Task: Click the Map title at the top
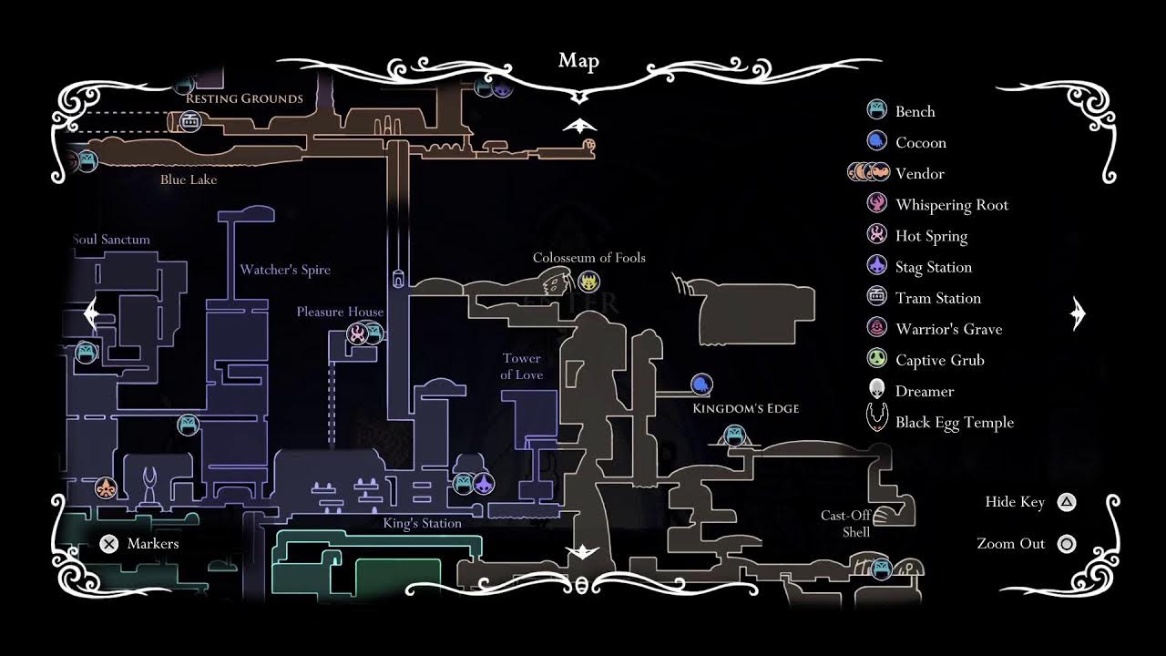click(x=578, y=61)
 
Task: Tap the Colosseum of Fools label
click(x=588, y=258)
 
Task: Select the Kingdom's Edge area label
click(x=745, y=408)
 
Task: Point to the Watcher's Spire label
click(x=285, y=270)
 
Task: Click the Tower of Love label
click(x=522, y=366)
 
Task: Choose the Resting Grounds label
click(x=244, y=98)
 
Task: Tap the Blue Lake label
click(x=189, y=179)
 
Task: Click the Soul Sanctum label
click(x=111, y=240)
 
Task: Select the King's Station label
click(x=422, y=523)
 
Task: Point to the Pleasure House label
click(x=340, y=312)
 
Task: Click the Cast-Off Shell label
click(x=846, y=523)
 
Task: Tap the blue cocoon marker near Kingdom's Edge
click(x=701, y=384)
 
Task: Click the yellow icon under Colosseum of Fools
click(x=588, y=281)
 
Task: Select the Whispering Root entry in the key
click(x=952, y=205)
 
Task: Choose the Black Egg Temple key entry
click(x=954, y=422)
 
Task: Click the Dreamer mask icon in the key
click(x=876, y=390)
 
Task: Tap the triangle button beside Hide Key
click(x=1066, y=502)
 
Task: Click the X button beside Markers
click(x=108, y=544)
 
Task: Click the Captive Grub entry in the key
click(x=939, y=360)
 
